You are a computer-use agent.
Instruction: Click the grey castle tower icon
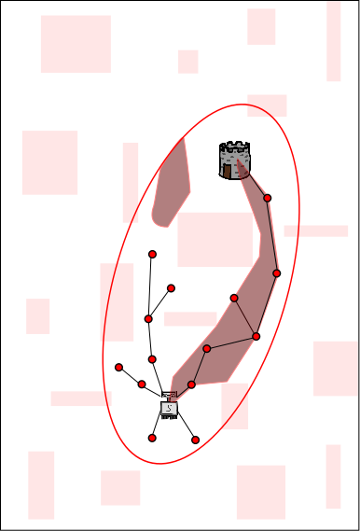pyautogui.click(x=235, y=160)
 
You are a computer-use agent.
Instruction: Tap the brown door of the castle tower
pyautogui.click(x=228, y=170)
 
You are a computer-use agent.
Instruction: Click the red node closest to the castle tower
pyautogui.click(x=267, y=198)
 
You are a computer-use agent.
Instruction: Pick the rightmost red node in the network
pyautogui.click(x=276, y=272)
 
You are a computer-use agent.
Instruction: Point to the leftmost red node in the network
pyautogui.click(x=118, y=367)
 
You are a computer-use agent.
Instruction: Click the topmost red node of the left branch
pyautogui.click(x=152, y=254)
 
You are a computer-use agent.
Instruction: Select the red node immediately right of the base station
pyautogui.click(x=191, y=384)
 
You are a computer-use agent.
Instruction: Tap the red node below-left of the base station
pyautogui.click(x=152, y=438)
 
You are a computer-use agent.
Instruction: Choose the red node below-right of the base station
pyautogui.click(x=195, y=440)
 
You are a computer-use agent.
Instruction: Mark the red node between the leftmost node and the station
pyautogui.click(x=142, y=384)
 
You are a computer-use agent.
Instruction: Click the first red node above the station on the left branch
pyautogui.click(x=152, y=359)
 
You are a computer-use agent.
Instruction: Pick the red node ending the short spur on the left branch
pyautogui.click(x=171, y=288)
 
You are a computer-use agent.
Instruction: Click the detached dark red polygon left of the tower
pyautogui.click(x=171, y=187)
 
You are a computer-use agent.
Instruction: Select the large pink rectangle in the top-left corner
pyautogui.click(x=76, y=44)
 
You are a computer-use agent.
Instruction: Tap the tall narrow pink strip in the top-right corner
pyautogui.click(x=333, y=42)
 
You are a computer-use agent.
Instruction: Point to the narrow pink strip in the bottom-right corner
pyautogui.click(x=333, y=476)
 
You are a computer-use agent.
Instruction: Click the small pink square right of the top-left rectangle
pyautogui.click(x=187, y=62)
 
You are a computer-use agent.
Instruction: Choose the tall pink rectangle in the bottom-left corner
pyautogui.click(x=41, y=484)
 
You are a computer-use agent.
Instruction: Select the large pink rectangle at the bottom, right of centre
pyautogui.click(x=260, y=492)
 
